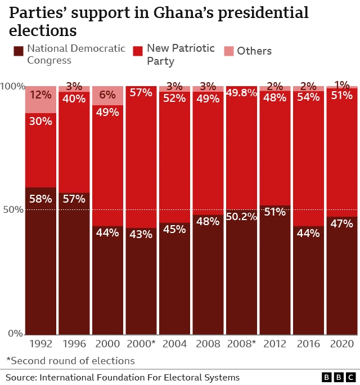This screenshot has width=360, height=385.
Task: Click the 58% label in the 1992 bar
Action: point(40,199)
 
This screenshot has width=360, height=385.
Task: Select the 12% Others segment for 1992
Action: point(40,100)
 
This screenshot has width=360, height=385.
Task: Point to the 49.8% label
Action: point(241,93)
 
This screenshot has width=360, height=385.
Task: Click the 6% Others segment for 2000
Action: point(107,96)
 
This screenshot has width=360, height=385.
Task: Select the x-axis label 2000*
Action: point(141,344)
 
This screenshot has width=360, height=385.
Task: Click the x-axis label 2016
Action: point(308,344)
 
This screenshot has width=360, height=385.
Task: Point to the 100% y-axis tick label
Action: point(12,87)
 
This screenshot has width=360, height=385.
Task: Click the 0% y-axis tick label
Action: point(15,334)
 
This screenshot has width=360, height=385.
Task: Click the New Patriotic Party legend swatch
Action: point(138,51)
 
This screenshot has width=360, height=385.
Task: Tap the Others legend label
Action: point(254,51)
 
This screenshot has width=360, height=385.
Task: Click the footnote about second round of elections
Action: point(70,361)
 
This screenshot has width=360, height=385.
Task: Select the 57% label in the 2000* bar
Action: point(141,93)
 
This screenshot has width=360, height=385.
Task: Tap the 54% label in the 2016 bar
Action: point(308,97)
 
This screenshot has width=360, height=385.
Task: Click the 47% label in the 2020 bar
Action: point(341,223)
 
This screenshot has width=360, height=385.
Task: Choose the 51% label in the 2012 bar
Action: point(274,212)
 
